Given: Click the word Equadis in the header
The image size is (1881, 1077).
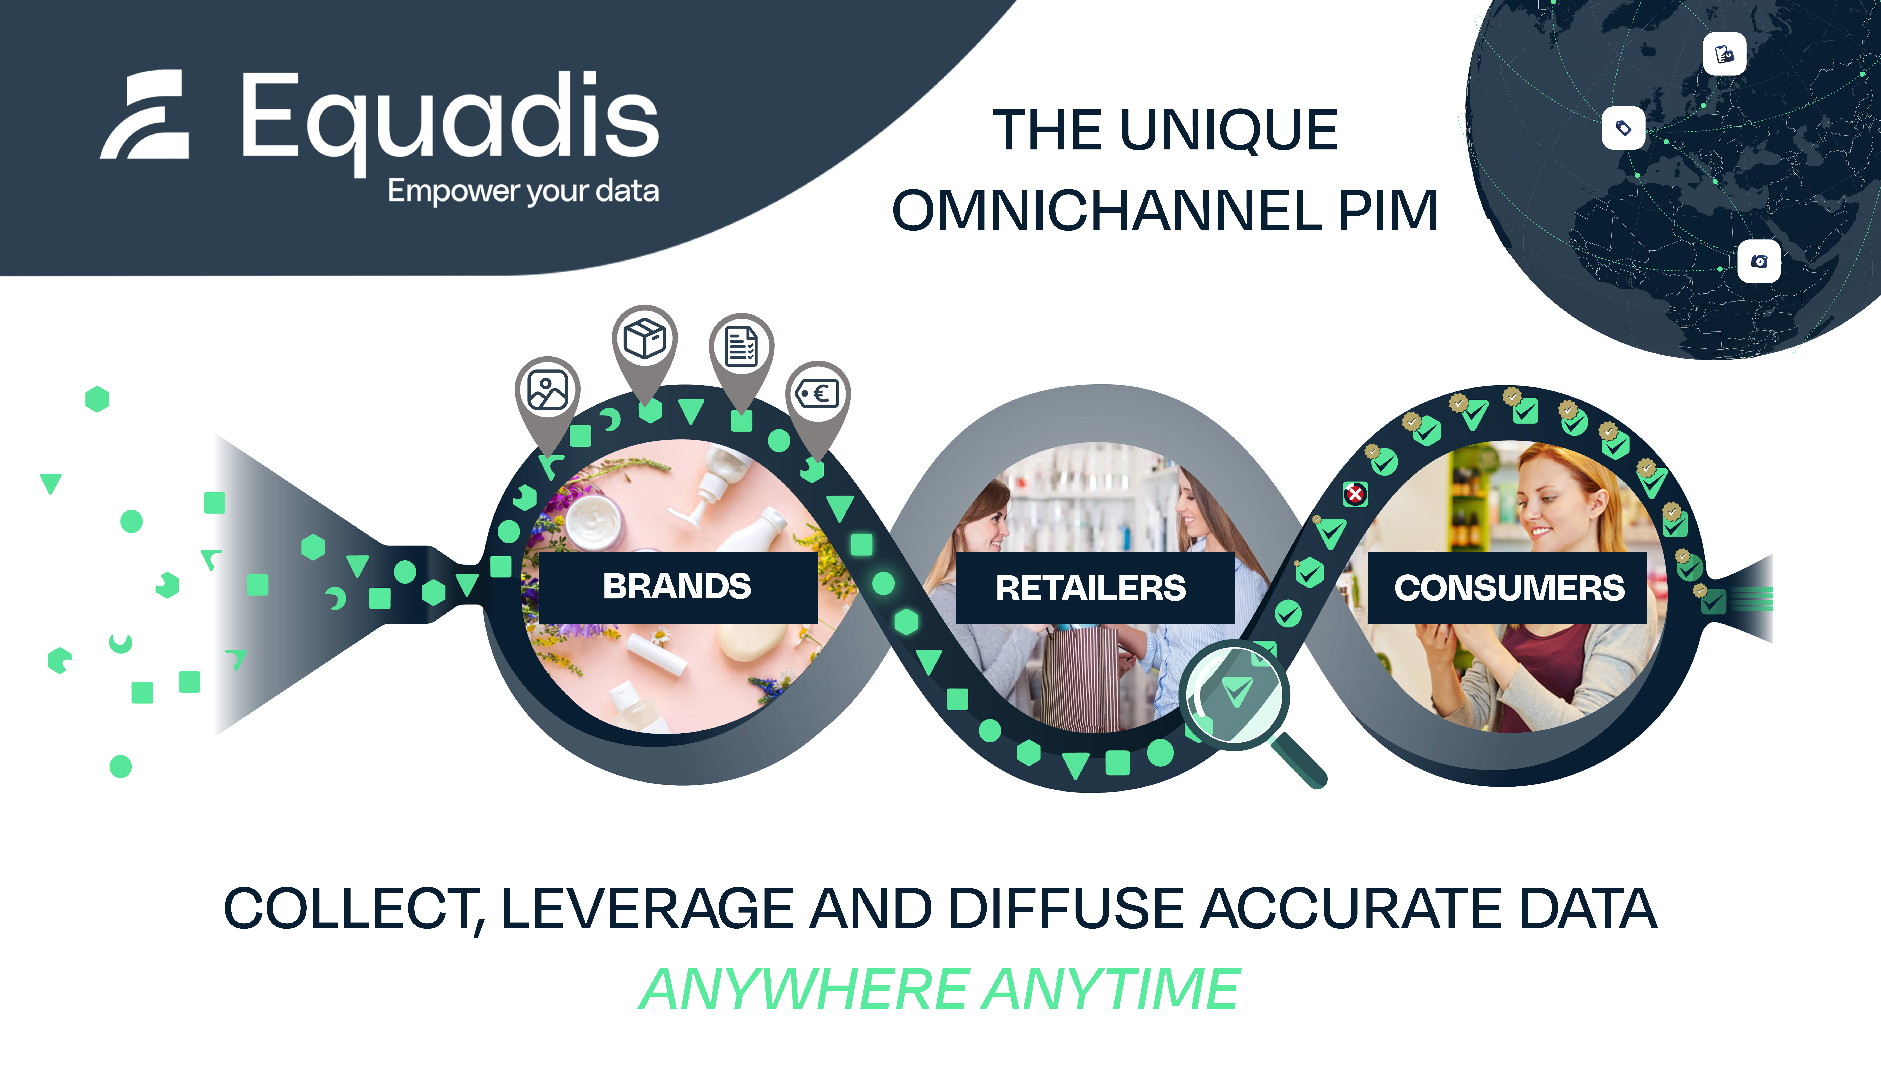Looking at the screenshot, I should [x=449, y=117].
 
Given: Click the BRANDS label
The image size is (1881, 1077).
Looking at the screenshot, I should [x=677, y=587].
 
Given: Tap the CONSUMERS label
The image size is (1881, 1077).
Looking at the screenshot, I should [x=1509, y=588].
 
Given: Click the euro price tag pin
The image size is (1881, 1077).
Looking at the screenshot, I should [x=817, y=394].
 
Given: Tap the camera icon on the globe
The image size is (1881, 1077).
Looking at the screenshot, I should [x=1759, y=261].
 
